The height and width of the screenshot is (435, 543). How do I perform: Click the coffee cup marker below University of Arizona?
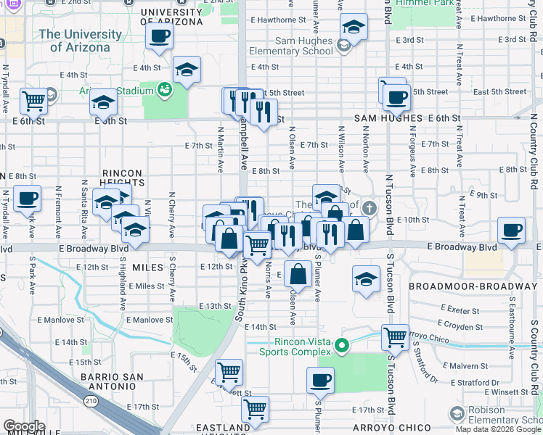159,37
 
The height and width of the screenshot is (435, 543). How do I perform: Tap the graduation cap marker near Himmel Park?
354,28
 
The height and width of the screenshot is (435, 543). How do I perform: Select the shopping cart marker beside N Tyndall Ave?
33,101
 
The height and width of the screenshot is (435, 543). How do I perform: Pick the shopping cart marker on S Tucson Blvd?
395,336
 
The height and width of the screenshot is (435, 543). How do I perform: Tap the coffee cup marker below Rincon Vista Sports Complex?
319,379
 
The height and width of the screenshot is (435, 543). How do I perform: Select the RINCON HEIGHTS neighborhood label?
113,178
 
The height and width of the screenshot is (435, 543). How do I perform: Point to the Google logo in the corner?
24,426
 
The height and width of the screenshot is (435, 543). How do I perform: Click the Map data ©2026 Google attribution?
498,429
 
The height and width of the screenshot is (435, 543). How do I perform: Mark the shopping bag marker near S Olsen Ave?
298,275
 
